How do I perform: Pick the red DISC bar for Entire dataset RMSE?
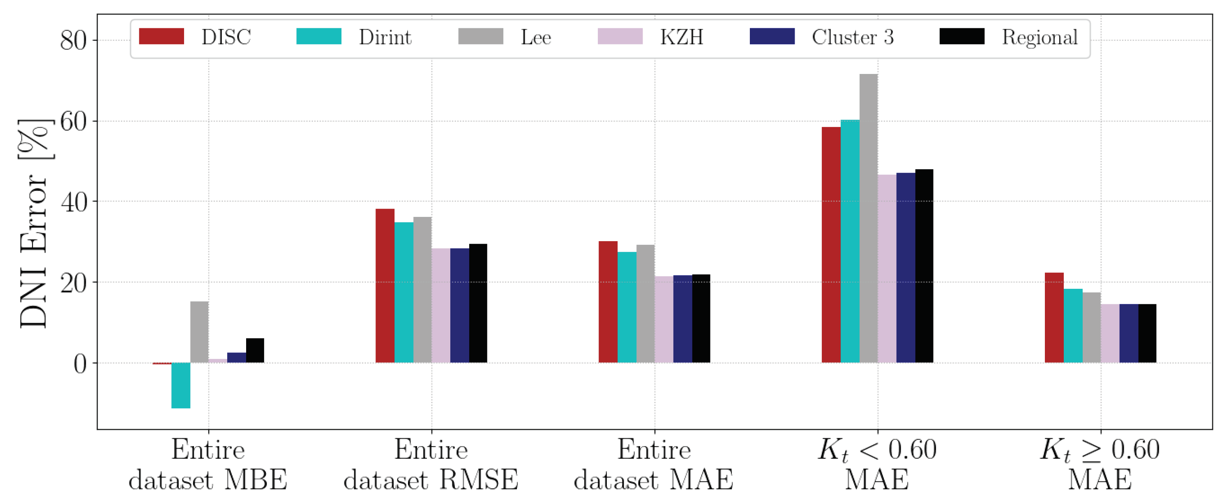pyautogui.click(x=385, y=285)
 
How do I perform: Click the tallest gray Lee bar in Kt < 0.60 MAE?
pyautogui.click(x=868, y=219)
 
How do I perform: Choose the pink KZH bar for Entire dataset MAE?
pyautogui.click(x=664, y=319)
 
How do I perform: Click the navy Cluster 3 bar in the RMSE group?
pyautogui.click(x=459, y=306)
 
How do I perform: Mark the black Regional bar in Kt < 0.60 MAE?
pyautogui.click(x=924, y=266)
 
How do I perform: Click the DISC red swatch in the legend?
pyautogui.click(x=161, y=37)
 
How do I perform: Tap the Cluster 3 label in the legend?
pyautogui.click(x=853, y=37)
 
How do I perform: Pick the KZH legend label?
pyautogui.click(x=681, y=37)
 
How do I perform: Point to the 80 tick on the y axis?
pyautogui.click(x=74, y=40)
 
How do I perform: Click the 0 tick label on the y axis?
pyautogui.click(x=80, y=364)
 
